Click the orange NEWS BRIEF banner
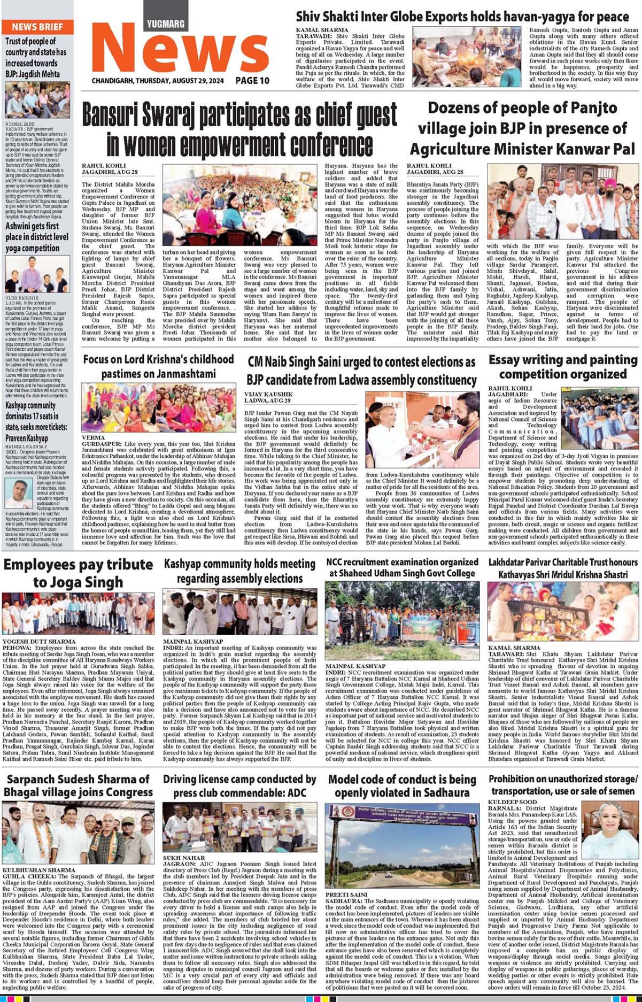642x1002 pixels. tap(37, 27)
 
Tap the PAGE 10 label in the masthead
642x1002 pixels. tap(252, 81)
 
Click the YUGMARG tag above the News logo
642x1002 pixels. tap(166, 24)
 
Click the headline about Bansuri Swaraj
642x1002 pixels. tap(239, 129)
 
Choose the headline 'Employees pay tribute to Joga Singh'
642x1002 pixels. tap(78, 573)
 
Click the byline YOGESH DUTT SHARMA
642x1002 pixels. tap(32, 641)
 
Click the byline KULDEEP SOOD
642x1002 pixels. tap(505, 802)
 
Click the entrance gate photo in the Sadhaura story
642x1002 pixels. tap(402, 846)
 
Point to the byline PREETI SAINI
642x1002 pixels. tap(346, 895)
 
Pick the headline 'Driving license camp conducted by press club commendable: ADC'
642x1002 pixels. tap(239, 785)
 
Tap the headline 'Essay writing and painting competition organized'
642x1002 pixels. tap(562, 367)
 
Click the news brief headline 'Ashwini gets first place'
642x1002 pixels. tap(37, 237)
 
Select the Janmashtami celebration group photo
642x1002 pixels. tap(158, 407)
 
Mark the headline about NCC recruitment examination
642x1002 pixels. tap(402, 567)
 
